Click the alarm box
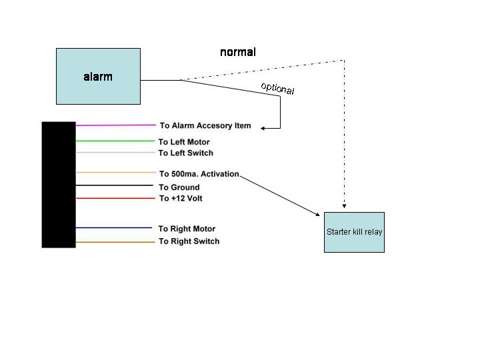point(98,76)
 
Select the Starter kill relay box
point(354,232)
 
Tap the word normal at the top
point(238,52)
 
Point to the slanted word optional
point(277,88)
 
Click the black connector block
point(59,185)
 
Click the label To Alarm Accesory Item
point(205,125)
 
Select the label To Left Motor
point(184,142)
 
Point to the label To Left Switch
point(186,153)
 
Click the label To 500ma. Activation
point(199,174)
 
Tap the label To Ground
point(179,187)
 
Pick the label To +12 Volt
point(181,199)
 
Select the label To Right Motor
point(187,229)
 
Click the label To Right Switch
point(189,241)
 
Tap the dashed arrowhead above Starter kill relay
point(344,207)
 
